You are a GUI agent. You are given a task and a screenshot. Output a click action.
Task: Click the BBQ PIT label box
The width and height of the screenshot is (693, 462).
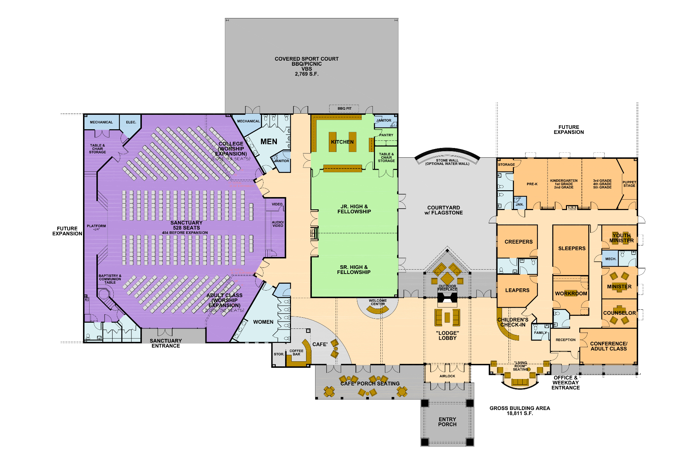coord(344,108)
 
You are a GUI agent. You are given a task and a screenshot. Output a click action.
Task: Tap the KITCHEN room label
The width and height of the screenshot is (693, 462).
coord(342,142)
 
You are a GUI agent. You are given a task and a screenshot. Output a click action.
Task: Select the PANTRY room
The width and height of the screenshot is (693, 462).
coord(386,135)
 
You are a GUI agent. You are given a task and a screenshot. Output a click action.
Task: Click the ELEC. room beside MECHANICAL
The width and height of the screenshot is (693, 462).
coord(131,122)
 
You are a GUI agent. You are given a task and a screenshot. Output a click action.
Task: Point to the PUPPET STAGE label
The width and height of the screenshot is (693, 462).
coord(629,184)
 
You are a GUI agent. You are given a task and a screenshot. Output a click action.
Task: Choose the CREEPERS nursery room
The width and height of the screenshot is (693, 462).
coord(518,241)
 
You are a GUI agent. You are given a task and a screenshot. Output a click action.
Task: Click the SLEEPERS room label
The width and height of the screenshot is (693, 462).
coord(572,248)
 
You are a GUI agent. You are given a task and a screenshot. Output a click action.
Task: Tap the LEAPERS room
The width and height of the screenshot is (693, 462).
coord(517,290)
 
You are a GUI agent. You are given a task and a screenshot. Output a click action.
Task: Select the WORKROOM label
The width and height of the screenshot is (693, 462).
coord(571,293)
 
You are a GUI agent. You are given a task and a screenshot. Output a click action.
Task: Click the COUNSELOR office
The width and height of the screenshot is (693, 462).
coord(619,313)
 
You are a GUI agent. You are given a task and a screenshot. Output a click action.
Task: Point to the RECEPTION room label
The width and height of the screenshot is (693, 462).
coord(565,340)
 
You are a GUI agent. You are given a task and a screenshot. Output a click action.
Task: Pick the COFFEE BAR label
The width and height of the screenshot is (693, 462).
coord(296,352)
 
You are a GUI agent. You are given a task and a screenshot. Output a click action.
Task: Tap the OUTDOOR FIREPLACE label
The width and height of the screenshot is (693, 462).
coord(447,288)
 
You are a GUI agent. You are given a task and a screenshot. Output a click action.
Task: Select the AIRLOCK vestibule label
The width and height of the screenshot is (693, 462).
coord(447,376)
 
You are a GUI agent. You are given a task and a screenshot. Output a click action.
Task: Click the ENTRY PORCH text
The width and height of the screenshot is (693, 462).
coord(447,422)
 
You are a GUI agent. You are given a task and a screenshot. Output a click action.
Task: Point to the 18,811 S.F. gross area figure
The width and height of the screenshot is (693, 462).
coord(519,413)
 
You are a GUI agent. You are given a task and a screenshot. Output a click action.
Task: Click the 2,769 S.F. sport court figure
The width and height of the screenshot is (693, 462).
coord(306,74)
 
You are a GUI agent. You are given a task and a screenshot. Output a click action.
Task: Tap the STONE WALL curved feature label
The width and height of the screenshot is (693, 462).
coord(447,162)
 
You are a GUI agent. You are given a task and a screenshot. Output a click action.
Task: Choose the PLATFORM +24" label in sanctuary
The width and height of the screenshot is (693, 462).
coord(96,227)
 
